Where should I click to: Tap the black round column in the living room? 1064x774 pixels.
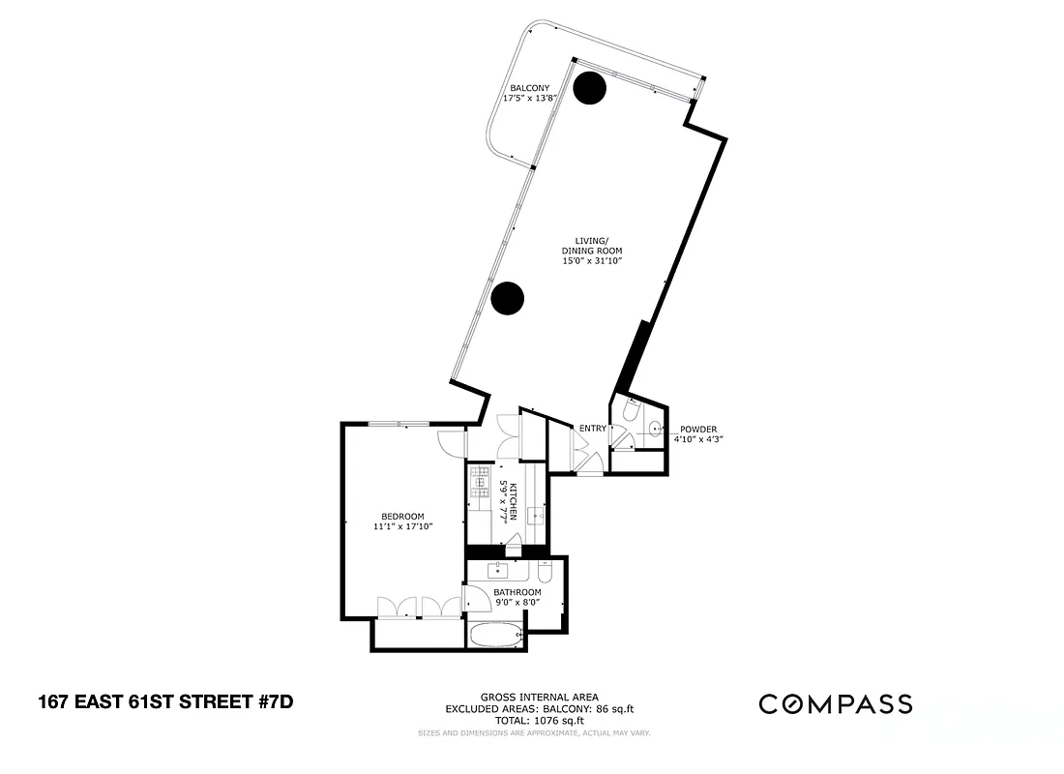[x=507, y=298]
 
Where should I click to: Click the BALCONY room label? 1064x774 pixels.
[x=530, y=87]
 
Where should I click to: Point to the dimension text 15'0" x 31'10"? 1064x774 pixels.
[x=591, y=260]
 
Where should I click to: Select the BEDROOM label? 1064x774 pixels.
[x=401, y=516]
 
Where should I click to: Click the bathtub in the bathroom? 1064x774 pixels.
[x=495, y=637]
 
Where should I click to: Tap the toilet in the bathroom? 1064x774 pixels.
[x=544, y=574]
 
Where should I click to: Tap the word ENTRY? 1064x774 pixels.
[x=592, y=429]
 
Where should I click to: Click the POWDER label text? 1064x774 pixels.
[x=698, y=429]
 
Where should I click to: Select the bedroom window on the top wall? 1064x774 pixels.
[x=399, y=423]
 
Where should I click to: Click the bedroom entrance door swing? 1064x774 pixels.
[x=449, y=444]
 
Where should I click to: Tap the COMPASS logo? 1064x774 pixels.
[x=835, y=703]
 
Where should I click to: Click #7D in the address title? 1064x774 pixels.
[x=274, y=701]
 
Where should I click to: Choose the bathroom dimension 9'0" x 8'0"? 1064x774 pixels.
[x=517, y=603]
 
